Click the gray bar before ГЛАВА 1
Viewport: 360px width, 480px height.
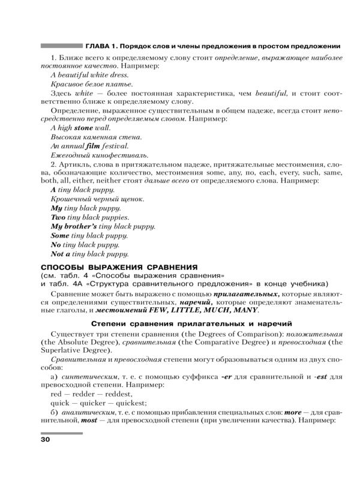click(61, 46)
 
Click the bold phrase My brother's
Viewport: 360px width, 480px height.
click(73, 226)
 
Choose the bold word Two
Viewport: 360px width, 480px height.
click(58, 217)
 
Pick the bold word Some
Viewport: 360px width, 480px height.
click(61, 236)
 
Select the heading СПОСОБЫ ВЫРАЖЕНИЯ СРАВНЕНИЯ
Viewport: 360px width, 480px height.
click(119, 267)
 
